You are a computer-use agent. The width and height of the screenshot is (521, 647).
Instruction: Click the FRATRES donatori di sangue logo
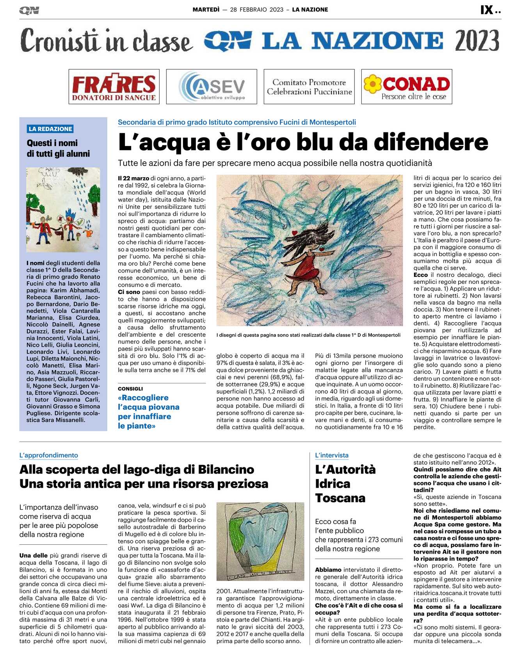coord(114,87)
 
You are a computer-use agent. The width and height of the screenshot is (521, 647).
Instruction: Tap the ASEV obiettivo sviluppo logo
coord(212,87)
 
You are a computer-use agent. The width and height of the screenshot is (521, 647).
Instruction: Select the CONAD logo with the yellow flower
coord(407,87)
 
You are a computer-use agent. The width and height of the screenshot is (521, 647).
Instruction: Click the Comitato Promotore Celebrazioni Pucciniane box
coord(309,87)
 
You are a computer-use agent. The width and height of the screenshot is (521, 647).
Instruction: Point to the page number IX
coord(487,10)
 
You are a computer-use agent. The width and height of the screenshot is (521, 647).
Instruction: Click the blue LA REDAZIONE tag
coord(50,129)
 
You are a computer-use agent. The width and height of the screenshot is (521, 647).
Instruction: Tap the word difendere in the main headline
coord(431,142)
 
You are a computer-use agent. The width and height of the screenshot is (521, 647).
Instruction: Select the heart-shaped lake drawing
coord(260,541)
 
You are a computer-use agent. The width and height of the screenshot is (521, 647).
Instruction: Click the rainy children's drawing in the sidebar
coord(63,210)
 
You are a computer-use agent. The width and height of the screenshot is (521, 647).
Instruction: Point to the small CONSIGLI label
coord(130,389)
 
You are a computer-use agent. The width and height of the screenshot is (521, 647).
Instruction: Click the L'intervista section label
coord(331,455)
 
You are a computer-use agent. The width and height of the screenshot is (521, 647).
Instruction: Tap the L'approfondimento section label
coord(49,455)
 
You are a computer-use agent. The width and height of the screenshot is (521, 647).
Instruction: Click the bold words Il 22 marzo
coord(133,178)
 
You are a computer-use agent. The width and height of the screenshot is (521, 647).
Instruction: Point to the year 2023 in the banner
coord(477,41)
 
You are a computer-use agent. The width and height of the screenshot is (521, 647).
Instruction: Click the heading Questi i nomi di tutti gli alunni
coord(58,148)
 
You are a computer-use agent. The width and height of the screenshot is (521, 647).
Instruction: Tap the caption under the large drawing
coord(308,335)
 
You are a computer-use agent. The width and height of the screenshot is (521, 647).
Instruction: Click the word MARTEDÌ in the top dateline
coord(206,10)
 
